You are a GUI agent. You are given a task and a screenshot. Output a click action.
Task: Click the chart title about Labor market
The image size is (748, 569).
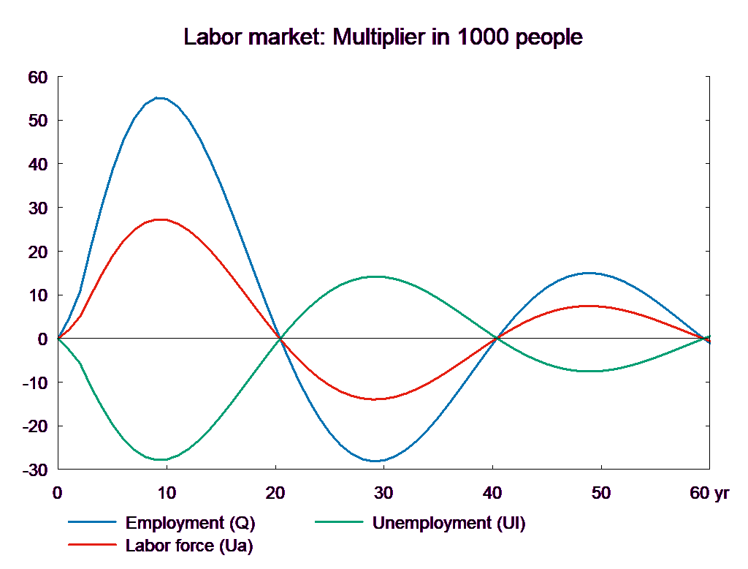click(383, 37)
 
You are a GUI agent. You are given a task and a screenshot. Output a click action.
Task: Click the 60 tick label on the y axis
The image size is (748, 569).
click(37, 77)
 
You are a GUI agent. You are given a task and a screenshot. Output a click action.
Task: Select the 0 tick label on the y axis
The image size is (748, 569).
click(42, 339)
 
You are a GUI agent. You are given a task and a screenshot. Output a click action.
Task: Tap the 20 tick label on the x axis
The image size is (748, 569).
click(275, 493)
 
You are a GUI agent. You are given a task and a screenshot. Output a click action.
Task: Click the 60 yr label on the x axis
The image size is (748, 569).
click(709, 493)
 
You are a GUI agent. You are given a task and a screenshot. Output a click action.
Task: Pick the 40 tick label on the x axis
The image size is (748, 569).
click(492, 493)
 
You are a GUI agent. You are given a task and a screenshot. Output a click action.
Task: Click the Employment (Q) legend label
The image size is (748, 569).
click(191, 523)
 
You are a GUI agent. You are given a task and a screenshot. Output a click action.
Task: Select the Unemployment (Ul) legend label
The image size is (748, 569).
click(449, 523)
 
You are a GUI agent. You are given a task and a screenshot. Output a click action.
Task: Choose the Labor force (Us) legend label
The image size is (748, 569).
click(189, 546)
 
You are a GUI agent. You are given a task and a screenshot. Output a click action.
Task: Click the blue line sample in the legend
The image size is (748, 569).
click(92, 522)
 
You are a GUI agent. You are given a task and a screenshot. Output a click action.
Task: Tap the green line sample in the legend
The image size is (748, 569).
click(338, 522)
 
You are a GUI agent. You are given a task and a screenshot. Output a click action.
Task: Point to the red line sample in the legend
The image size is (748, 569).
click(92, 545)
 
